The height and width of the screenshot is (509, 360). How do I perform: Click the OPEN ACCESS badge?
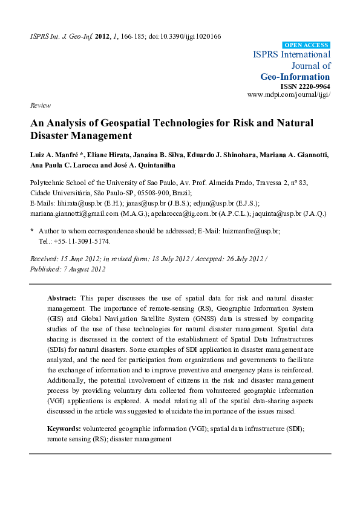[x=306, y=45]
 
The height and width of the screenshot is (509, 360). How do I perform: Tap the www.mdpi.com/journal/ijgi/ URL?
[x=289, y=95]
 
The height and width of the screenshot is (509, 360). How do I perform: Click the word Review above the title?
[x=40, y=105]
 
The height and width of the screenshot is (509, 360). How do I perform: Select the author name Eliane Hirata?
[x=102, y=155]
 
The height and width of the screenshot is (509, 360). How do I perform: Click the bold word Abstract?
[x=62, y=299]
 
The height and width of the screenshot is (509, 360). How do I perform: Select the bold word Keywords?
[x=65, y=429]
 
